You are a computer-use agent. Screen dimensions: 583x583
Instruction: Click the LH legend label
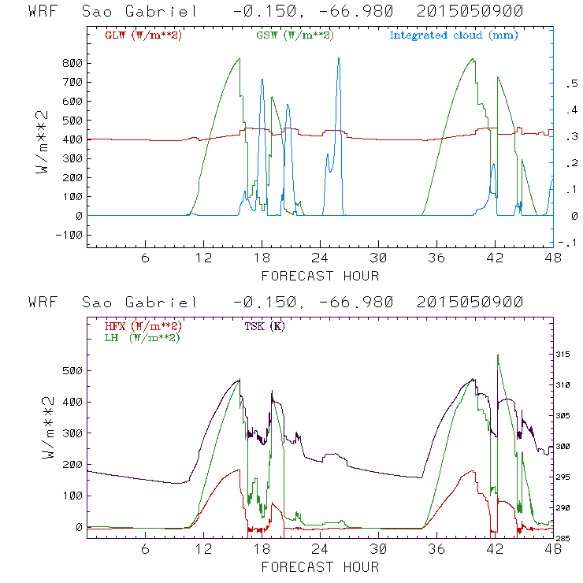click(x=142, y=337)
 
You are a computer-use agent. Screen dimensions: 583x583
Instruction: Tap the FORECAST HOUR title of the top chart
click(x=320, y=276)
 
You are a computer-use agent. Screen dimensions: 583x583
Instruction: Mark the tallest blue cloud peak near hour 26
click(x=339, y=58)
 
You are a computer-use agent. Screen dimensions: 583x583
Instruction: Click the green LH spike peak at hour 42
click(x=498, y=355)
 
